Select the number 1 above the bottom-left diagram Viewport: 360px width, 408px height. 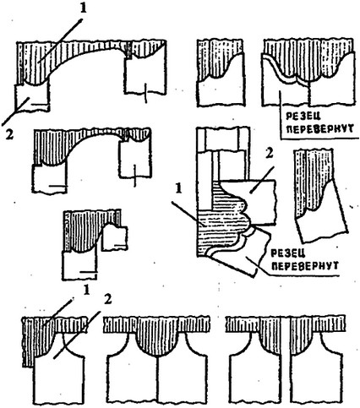point(86,291)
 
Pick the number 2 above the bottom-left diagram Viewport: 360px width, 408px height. point(107,300)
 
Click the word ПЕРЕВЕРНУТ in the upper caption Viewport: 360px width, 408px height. point(321,129)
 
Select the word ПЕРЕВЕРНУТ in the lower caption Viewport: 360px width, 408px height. point(306,266)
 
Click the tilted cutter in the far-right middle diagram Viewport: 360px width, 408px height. point(321,214)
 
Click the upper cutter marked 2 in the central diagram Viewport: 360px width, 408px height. point(254,201)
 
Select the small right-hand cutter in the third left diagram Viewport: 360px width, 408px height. point(115,237)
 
